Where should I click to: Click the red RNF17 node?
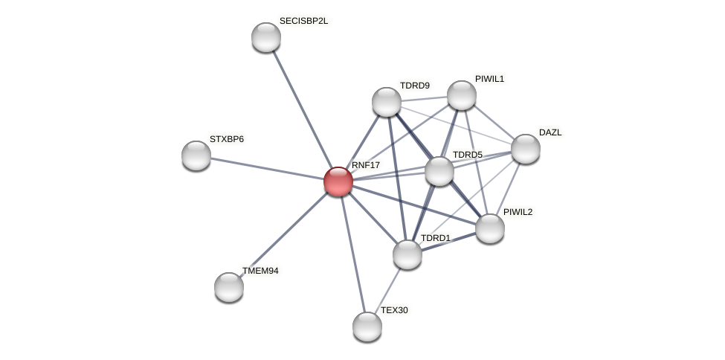coord(338,181)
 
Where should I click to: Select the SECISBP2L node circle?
coord(266,37)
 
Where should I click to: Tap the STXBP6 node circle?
coord(196,155)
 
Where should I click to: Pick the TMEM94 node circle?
coord(229,286)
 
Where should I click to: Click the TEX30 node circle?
coord(367,326)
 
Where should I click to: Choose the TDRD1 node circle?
coord(407,254)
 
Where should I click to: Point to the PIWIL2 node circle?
coord(490,228)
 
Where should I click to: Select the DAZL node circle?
coord(526,149)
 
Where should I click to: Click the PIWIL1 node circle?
coord(462,94)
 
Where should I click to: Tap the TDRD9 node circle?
coord(387,102)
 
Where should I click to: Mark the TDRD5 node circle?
coord(439,171)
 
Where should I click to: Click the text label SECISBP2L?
coord(303,21)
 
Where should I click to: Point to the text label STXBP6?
coord(226,139)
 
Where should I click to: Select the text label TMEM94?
coord(260,271)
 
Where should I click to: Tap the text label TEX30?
coord(394,310)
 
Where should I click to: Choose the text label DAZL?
coord(550,132)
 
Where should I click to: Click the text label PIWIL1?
coord(489,79)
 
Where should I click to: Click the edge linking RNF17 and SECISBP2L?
coord(302,109)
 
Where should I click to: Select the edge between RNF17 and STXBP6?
coord(268,168)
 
